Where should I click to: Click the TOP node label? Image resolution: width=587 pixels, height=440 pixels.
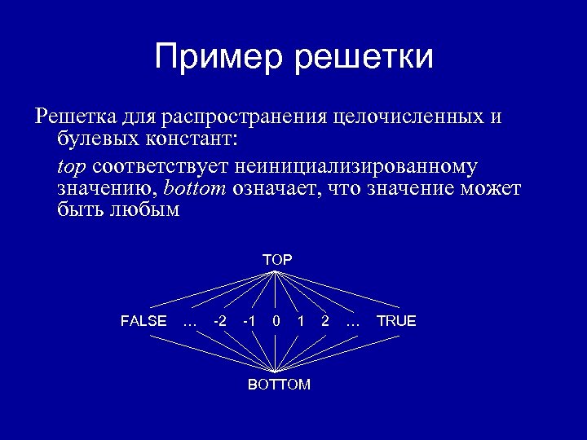[277, 259]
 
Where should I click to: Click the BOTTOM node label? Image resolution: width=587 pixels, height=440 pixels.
[279, 385]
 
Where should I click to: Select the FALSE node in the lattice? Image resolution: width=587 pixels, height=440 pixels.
[143, 321]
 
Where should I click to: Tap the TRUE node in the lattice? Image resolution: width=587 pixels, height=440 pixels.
[396, 321]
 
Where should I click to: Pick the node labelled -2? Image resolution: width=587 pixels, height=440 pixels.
[219, 321]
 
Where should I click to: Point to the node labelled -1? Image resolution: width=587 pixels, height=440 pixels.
[249, 321]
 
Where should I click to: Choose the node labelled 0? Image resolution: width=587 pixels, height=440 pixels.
[277, 321]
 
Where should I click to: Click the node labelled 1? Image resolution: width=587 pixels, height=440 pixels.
[301, 321]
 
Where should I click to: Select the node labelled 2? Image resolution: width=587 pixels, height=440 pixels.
[325, 321]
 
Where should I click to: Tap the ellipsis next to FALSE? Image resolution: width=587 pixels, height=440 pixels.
[190, 323]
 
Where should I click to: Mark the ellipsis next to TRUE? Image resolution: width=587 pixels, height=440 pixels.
[353, 323]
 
